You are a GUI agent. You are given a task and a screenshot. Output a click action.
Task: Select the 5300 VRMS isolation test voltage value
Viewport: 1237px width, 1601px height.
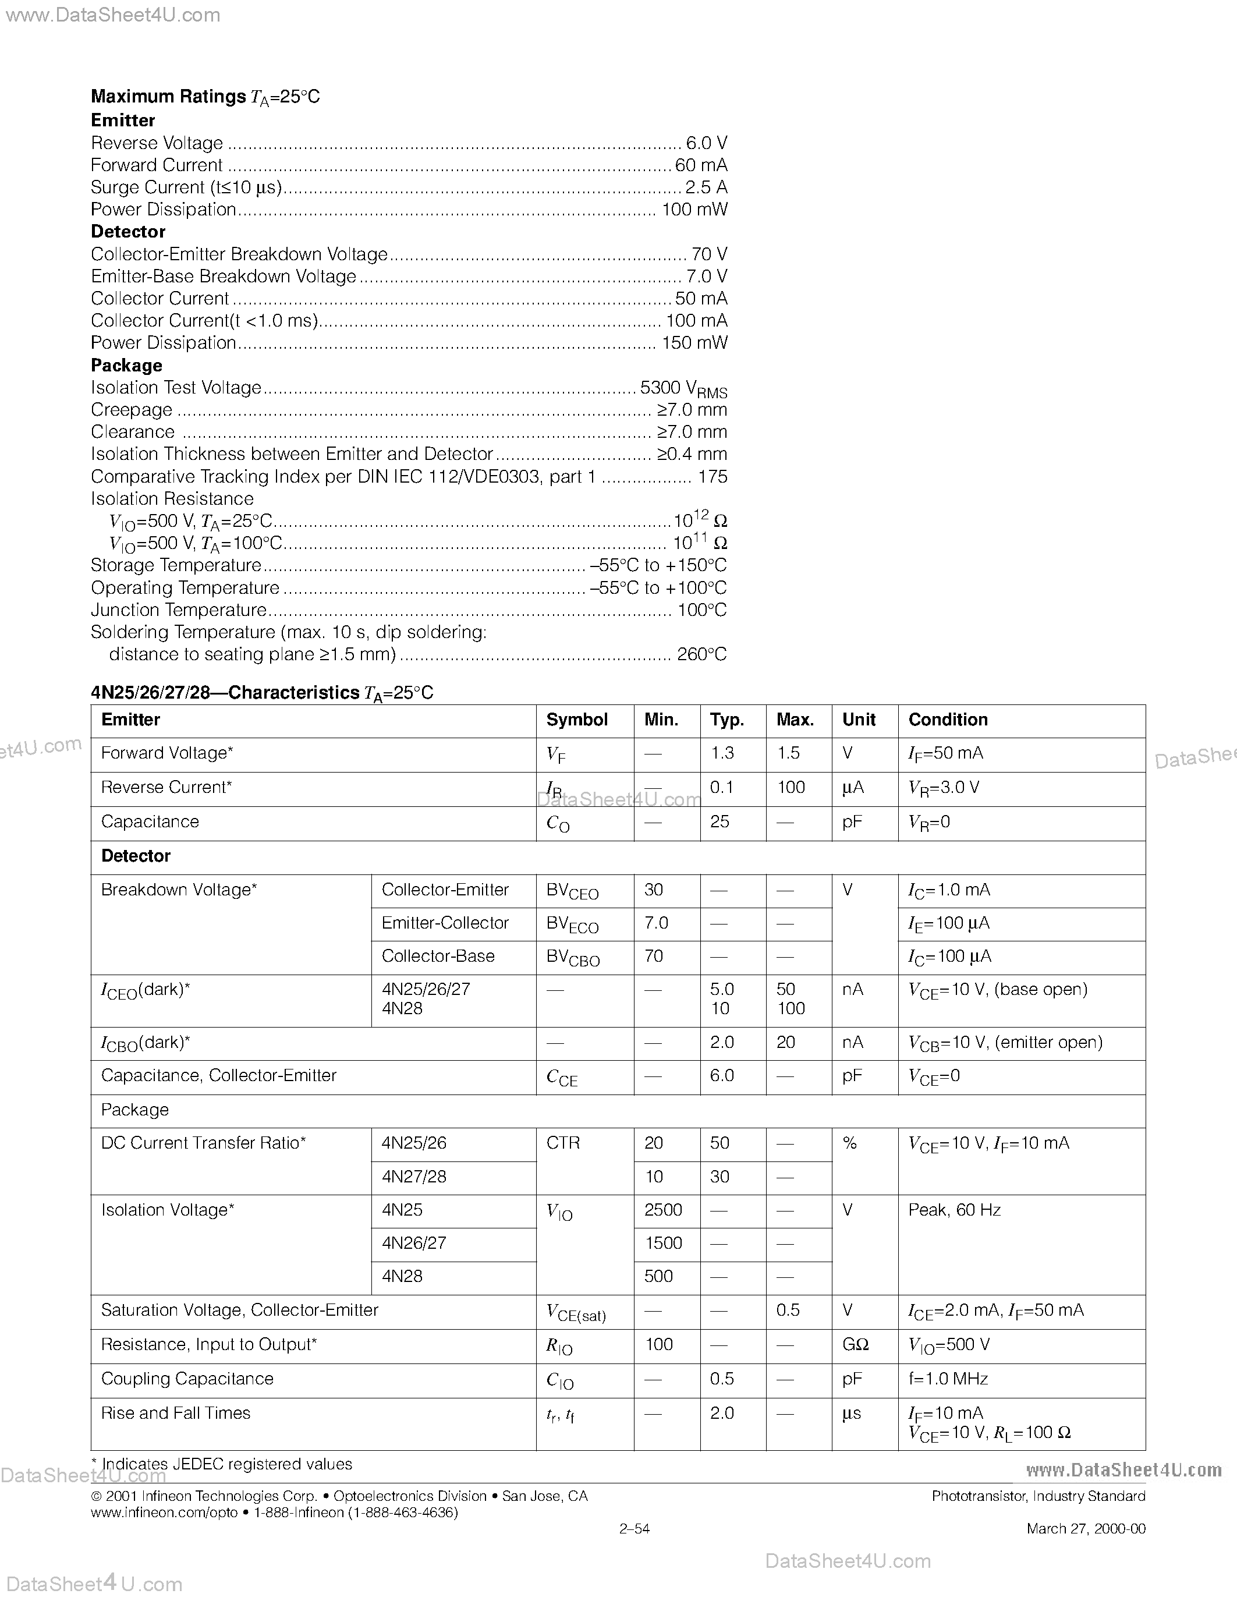tap(683, 388)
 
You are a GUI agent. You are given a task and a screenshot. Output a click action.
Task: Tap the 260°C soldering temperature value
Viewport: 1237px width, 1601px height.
tap(701, 654)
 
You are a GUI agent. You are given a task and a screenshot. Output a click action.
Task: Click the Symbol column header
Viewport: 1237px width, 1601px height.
tap(577, 720)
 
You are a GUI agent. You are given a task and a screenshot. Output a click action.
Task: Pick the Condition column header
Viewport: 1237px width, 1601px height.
tap(948, 720)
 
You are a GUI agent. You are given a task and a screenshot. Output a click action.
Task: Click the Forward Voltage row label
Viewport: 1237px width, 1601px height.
tap(167, 753)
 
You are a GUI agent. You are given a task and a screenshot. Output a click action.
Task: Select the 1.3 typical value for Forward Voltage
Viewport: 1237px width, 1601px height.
tap(722, 753)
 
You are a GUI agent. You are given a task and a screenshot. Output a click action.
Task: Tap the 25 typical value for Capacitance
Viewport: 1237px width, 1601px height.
tap(719, 822)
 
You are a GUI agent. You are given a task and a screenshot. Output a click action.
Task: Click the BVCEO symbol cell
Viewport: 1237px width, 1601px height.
tap(572, 891)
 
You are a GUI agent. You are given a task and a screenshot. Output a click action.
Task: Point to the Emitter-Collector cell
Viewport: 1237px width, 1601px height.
tap(445, 923)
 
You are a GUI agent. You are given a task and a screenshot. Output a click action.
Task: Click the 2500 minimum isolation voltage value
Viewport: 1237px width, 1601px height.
tap(663, 1210)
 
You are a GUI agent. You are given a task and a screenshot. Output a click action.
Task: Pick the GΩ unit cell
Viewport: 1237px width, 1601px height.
tap(855, 1344)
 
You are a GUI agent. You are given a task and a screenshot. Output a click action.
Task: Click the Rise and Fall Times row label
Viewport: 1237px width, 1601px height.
tap(176, 1414)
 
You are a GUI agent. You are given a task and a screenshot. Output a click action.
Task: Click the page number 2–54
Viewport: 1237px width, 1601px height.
tap(635, 1528)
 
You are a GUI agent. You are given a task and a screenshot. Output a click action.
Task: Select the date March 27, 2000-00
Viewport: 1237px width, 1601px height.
tap(1086, 1528)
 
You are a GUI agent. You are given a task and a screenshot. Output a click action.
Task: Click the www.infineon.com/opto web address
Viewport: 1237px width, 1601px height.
tap(164, 1513)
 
